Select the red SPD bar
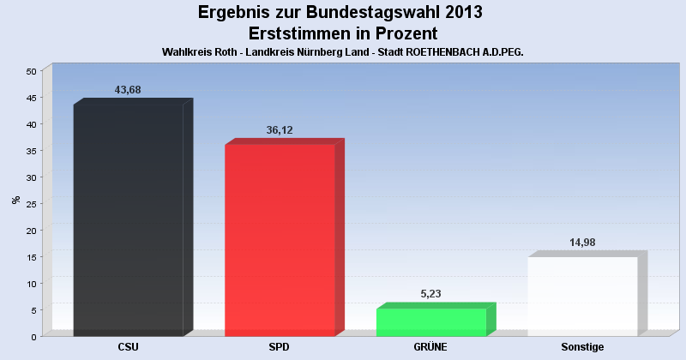(280, 240)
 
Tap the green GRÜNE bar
(431, 322)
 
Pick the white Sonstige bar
(583, 297)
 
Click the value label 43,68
(129, 89)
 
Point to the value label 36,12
(280, 129)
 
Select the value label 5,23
(432, 294)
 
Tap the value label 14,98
(583, 243)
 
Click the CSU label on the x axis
(129, 347)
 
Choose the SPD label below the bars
(280, 347)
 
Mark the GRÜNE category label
(431, 347)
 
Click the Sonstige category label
(583, 347)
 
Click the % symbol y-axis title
(15, 200)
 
